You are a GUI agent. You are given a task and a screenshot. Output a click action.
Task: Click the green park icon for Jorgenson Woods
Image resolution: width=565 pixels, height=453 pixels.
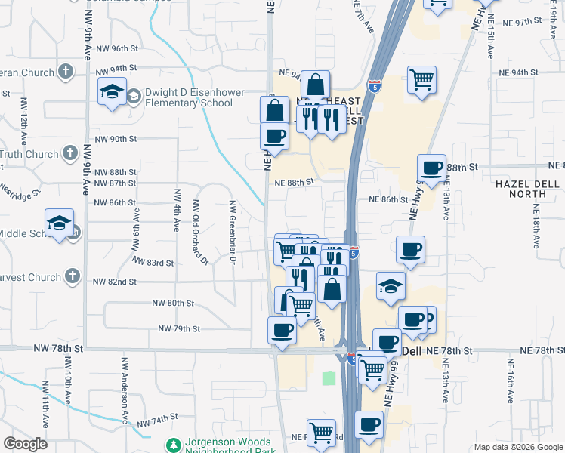click(x=174, y=446)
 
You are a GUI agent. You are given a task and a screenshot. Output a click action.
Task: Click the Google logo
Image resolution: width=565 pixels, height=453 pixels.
click(x=25, y=444)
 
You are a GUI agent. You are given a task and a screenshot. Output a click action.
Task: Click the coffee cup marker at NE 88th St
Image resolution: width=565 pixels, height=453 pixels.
click(x=431, y=168)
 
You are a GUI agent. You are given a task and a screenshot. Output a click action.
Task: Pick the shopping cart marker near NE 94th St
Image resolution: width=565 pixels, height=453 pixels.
click(x=421, y=79)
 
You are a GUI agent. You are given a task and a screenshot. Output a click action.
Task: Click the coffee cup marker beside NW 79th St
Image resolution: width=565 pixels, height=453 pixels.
click(x=282, y=330)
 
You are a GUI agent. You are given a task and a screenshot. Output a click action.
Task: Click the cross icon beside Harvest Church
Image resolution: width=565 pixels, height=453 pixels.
click(x=73, y=277)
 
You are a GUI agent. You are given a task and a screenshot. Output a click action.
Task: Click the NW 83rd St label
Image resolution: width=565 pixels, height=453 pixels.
click(x=153, y=263)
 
